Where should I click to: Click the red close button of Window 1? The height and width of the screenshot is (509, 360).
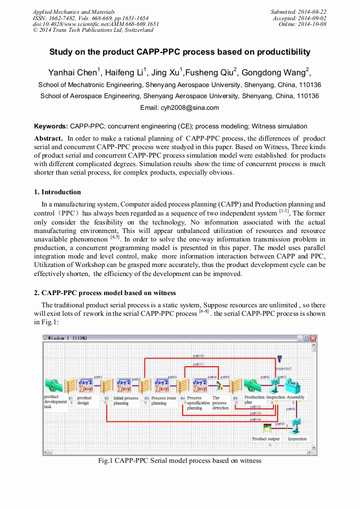[x=313, y=338]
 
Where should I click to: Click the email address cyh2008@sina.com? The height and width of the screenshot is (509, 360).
[x=179, y=108]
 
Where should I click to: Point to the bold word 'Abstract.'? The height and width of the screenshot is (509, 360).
[x=49, y=138]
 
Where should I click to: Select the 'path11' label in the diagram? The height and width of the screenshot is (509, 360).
[x=198, y=365]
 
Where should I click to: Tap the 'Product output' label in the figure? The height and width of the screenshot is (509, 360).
[x=265, y=439]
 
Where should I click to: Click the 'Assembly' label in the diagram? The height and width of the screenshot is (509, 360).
[x=296, y=397]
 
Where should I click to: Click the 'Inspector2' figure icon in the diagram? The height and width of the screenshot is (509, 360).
[x=280, y=360]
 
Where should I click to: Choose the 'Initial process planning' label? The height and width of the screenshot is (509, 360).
[x=126, y=401]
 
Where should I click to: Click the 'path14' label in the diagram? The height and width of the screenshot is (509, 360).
[x=255, y=419]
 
